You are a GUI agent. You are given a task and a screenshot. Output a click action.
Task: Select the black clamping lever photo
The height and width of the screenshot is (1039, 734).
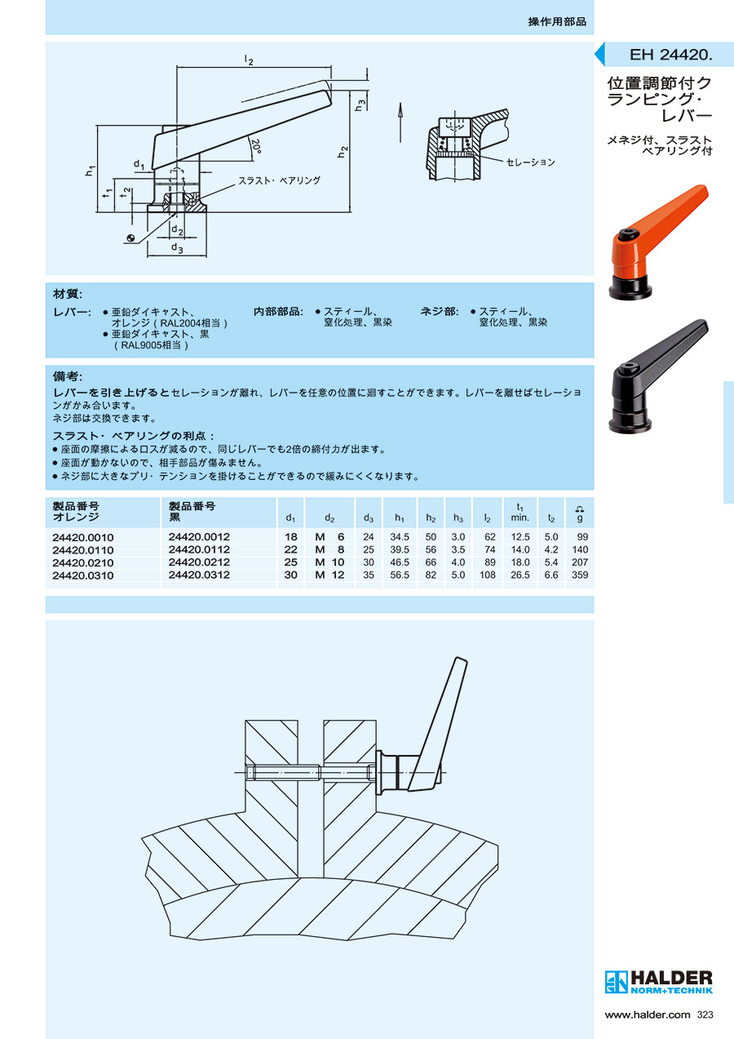pyautogui.click(x=657, y=376)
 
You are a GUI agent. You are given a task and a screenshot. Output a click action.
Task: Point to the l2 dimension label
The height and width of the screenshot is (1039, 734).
pyautogui.click(x=250, y=60)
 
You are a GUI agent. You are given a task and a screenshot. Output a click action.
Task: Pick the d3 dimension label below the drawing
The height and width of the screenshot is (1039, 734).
pyautogui.click(x=176, y=248)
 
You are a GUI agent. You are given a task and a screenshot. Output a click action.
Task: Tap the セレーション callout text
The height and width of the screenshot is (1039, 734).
pyautogui.click(x=530, y=162)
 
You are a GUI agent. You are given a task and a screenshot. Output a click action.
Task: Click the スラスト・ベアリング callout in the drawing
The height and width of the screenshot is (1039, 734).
pyautogui.click(x=279, y=180)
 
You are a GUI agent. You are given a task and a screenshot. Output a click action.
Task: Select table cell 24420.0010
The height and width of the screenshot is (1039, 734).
pyautogui.click(x=83, y=537)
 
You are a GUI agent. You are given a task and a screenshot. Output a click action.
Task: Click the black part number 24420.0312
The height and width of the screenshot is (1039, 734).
pyautogui.click(x=199, y=575)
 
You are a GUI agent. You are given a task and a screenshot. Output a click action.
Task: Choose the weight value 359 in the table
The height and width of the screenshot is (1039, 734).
pyautogui.click(x=580, y=575)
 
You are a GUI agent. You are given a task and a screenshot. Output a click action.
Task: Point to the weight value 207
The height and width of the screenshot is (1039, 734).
pyautogui.click(x=580, y=562)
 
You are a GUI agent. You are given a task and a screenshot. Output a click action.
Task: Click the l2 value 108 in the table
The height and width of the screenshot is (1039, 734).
pyautogui.click(x=487, y=575)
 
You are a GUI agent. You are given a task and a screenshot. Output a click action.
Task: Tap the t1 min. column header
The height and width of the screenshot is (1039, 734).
pyautogui.click(x=520, y=513)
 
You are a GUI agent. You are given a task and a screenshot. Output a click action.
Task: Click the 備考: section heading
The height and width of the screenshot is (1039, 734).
pyautogui.click(x=68, y=376)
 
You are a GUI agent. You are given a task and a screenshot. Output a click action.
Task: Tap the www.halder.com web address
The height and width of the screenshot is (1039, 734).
pyautogui.click(x=648, y=1015)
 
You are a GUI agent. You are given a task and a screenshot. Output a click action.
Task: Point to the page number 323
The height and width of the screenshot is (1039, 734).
pyautogui.click(x=706, y=1015)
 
